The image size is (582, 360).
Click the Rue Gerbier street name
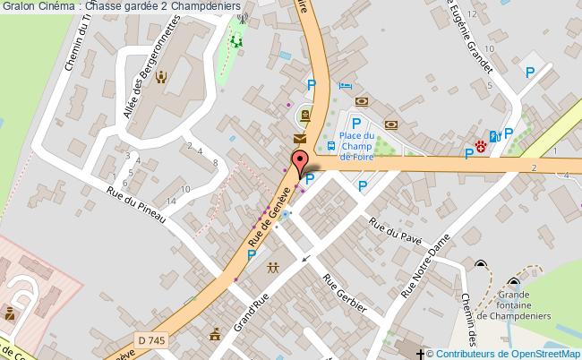tap(345, 293)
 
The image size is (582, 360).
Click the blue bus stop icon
tap(331, 145)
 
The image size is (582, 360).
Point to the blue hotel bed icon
tap(346, 86)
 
